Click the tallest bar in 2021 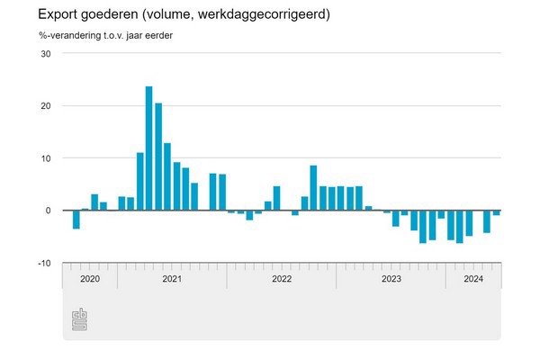click(148, 148)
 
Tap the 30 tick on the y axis click(46, 53)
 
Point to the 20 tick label click(46, 105)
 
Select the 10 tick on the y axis click(46, 158)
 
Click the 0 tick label click(49, 211)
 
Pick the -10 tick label click(44, 263)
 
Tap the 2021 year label click(172, 279)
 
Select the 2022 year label click(281, 279)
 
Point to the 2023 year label click(391, 279)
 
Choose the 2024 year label click(472, 279)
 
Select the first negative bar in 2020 click(76, 220)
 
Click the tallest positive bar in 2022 click(313, 188)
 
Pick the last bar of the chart click(496, 212)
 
